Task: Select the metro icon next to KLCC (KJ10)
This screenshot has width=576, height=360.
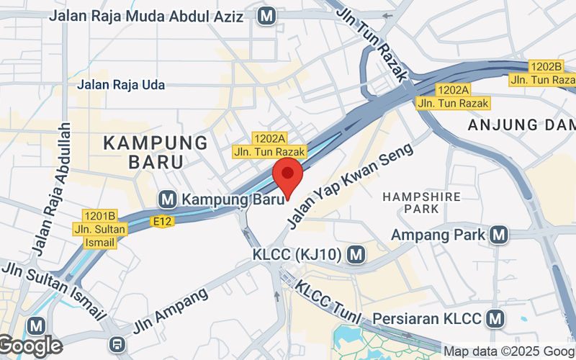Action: tap(354, 254)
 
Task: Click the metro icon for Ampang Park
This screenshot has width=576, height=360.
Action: tap(498, 235)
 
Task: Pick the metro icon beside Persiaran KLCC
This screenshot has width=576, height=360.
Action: tap(495, 318)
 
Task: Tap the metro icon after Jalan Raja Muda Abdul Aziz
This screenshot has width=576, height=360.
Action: tap(269, 14)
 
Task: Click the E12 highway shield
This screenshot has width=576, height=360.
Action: tap(163, 222)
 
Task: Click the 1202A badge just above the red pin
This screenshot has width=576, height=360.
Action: tap(269, 138)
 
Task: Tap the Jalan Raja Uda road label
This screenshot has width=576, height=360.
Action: tap(121, 85)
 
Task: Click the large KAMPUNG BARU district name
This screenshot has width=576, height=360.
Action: tap(156, 151)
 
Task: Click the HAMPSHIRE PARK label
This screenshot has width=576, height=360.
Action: tap(411, 202)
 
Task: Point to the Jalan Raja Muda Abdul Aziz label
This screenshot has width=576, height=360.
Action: tap(150, 15)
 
